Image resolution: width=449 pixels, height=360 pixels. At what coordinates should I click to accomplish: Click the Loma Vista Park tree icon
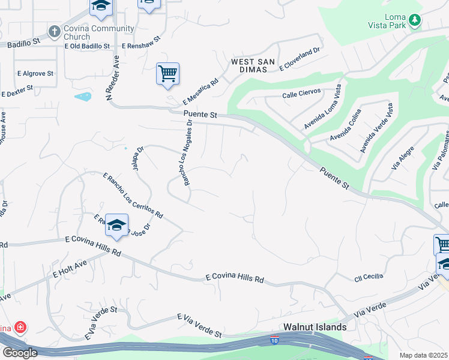[x=414, y=20]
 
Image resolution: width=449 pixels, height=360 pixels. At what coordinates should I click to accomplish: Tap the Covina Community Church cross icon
[x=55, y=31]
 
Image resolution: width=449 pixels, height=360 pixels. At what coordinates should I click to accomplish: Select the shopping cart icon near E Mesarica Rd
[x=167, y=74]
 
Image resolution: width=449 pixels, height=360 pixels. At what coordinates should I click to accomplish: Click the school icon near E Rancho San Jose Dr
[x=116, y=226]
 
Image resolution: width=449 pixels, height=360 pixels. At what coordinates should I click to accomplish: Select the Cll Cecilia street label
[x=368, y=277]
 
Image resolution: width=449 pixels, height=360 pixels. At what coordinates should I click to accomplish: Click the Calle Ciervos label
[x=301, y=94]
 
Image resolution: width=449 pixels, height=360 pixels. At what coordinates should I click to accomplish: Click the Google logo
[x=19, y=353]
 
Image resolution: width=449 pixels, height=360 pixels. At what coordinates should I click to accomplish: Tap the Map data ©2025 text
[x=424, y=355]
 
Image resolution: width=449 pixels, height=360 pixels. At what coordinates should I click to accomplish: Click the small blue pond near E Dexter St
[x=83, y=96]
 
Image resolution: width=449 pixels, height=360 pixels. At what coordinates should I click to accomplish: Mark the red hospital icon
[x=20, y=328]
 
